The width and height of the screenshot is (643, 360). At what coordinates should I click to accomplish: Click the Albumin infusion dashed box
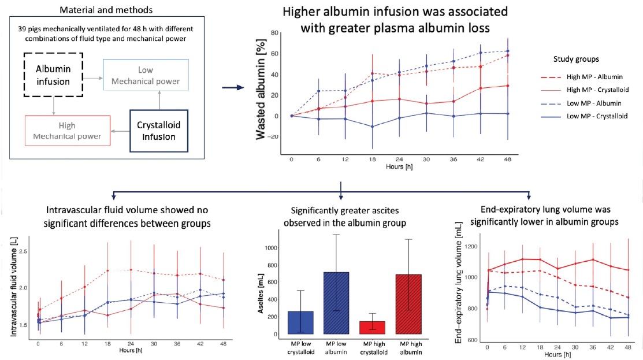click(x=54, y=74)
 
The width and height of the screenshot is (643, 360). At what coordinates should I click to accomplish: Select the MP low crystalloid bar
click(x=300, y=322)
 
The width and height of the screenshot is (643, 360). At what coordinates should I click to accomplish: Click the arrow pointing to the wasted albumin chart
click(x=233, y=88)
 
